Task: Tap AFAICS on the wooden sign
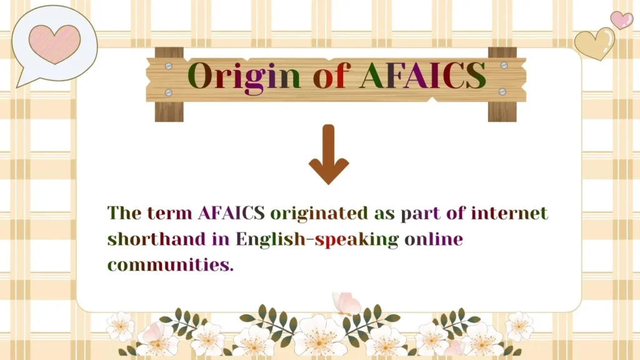[422, 76]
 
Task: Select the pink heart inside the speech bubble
[54, 43]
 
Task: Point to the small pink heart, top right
[621, 19]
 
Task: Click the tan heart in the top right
[594, 44]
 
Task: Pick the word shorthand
[156, 239]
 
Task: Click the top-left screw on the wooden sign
[168, 65]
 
